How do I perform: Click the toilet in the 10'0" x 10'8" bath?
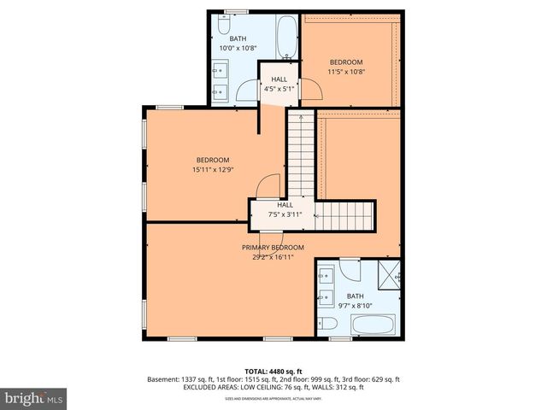point(224,26)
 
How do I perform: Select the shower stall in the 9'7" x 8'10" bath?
point(390,273)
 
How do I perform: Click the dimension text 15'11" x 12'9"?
point(213,169)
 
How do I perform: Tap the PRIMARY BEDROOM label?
point(273,247)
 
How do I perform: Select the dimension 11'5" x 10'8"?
point(347,72)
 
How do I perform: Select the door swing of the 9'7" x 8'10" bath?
point(350,272)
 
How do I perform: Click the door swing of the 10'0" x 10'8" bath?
point(249,91)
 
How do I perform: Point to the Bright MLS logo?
point(34,397)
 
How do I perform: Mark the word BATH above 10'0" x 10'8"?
point(237,38)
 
